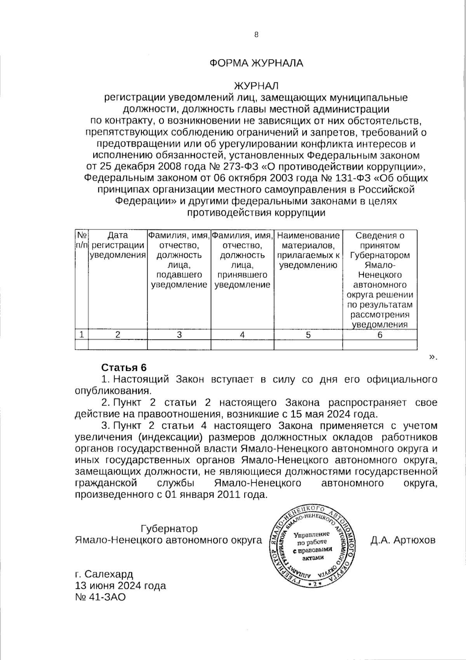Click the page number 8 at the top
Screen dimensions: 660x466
[256, 35]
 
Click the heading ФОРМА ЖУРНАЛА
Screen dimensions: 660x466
[256, 63]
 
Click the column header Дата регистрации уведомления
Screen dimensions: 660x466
[118, 245]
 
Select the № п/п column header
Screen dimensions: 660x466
[82, 241]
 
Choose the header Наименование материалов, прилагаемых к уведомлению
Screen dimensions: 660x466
[308, 250]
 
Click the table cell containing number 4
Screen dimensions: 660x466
[242, 335]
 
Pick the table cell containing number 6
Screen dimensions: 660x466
[379, 335]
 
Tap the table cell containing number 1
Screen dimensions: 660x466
[82, 334]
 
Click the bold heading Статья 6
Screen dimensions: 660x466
[123, 368]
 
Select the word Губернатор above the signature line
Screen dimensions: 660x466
[169, 529]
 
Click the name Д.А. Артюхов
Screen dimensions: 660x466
[403, 540]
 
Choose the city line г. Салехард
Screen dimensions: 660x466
[104, 574]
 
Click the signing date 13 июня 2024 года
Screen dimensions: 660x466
[120, 585]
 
